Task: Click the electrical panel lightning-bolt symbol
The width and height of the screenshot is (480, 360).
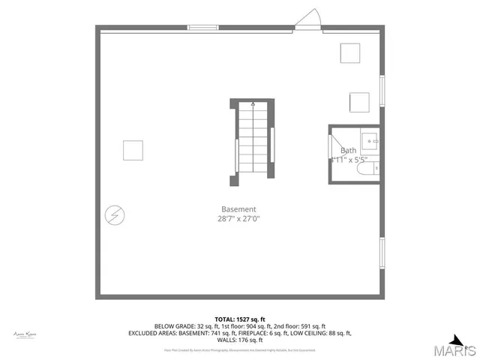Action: [115, 215]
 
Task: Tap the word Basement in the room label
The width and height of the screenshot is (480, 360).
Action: [238, 209]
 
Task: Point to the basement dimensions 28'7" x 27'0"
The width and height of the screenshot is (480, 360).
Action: [238, 219]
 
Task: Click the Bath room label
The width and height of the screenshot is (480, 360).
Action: [349, 150]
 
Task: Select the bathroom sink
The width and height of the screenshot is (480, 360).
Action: [370, 140]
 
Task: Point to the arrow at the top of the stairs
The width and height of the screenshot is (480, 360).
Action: [253, 106]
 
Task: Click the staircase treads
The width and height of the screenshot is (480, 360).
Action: [253, 142]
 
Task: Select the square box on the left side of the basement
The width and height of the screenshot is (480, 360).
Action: [133, 150]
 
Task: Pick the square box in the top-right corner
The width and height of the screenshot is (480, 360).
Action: [350, 53]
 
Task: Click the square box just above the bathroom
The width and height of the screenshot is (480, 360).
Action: [359, 102]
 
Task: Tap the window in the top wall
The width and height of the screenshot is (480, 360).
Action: [202, 28]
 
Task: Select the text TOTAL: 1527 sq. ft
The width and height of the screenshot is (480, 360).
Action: [239, 319]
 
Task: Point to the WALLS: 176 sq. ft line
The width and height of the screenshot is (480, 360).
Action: [239, 340]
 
